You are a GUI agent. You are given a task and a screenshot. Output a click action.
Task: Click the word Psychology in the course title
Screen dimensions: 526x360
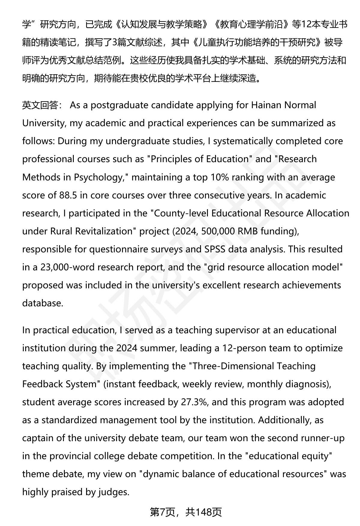coord(99,177)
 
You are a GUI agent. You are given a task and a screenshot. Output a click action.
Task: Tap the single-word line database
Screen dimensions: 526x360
coord(43,303)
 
